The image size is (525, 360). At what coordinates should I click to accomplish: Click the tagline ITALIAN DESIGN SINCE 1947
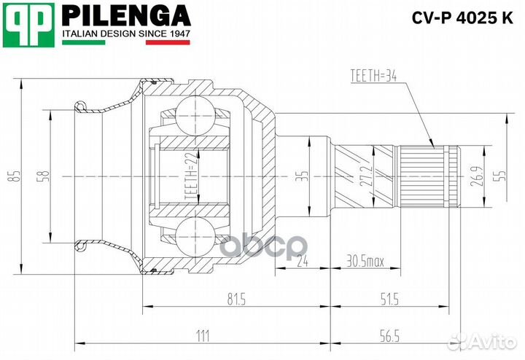coord(125,34)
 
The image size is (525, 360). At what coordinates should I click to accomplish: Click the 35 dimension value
coord(307,176)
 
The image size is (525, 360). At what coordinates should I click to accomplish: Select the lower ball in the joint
coord(195,238)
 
